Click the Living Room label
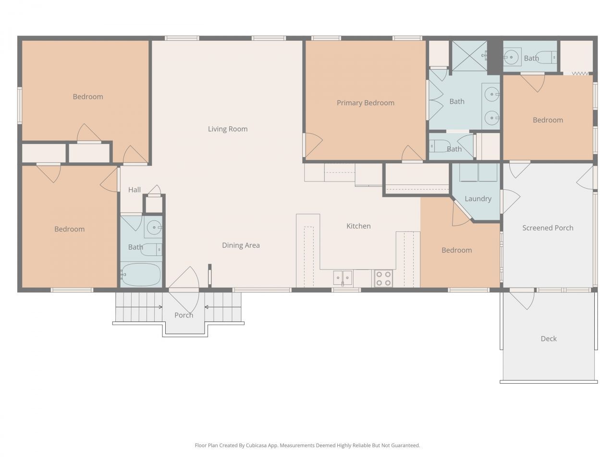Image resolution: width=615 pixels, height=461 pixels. click(x=228, y=129)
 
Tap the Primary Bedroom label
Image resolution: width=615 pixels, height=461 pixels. click(x=365, y=103)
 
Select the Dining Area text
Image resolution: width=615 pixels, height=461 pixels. click(x=241, y=245)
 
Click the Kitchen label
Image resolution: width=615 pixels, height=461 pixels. click(x=358, y=226)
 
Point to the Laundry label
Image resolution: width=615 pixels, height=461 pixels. click(x=478, y=199)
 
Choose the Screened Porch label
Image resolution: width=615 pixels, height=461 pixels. click(x=548, y=228)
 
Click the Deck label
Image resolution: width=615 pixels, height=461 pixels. click(x=548, y=339)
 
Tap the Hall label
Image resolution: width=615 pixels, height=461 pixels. click(x=135, y=190)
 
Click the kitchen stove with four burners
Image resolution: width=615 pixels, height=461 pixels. click(x=383, y=279)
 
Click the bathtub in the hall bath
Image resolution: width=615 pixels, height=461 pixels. click(x=141, y=275)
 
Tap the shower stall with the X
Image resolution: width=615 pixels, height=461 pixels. click(x=469, y=56)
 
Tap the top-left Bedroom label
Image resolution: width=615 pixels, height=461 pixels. click(x=88, y=97)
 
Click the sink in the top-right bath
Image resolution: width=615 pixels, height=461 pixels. click(x=512, y=57)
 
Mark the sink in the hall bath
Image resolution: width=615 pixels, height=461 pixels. click(x=154, y=228)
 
